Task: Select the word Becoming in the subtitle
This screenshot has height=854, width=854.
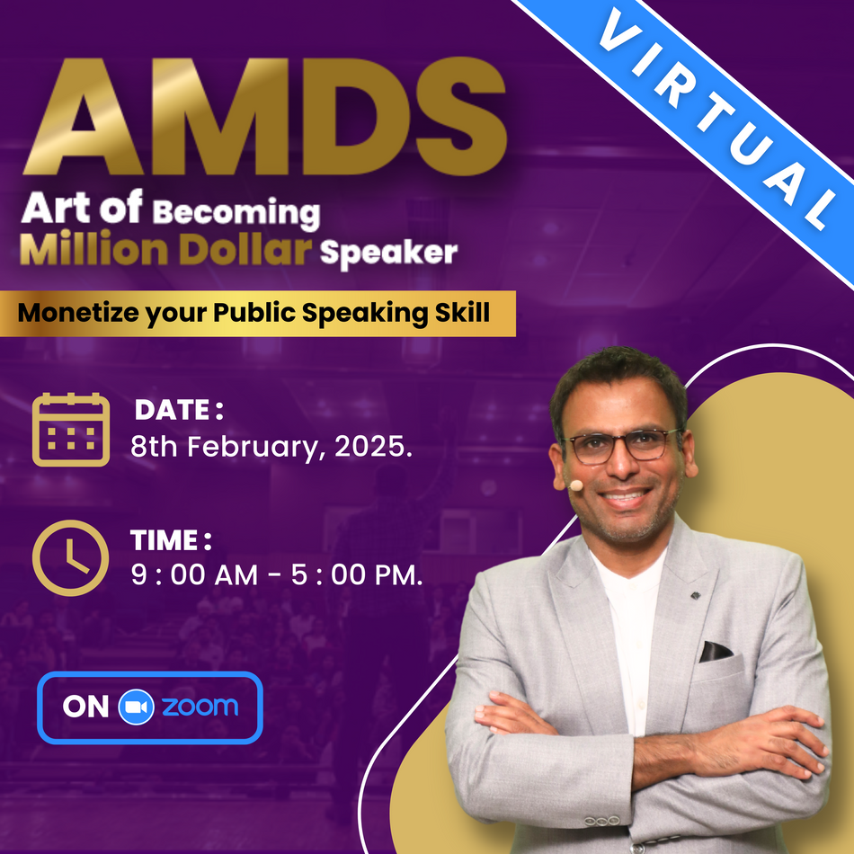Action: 236,214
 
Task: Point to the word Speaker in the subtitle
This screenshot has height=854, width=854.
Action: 388,254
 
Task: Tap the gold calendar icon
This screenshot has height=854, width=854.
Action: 71,429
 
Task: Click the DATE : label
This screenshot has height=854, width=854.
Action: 178,411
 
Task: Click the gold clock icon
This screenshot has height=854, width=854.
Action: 70,557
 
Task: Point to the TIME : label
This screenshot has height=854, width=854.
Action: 171,540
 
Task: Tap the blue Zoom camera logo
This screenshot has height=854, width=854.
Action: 137,707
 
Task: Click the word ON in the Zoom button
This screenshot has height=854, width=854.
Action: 85,707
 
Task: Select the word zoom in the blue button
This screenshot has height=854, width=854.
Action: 200,707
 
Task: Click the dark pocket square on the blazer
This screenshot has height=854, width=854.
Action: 716,651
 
